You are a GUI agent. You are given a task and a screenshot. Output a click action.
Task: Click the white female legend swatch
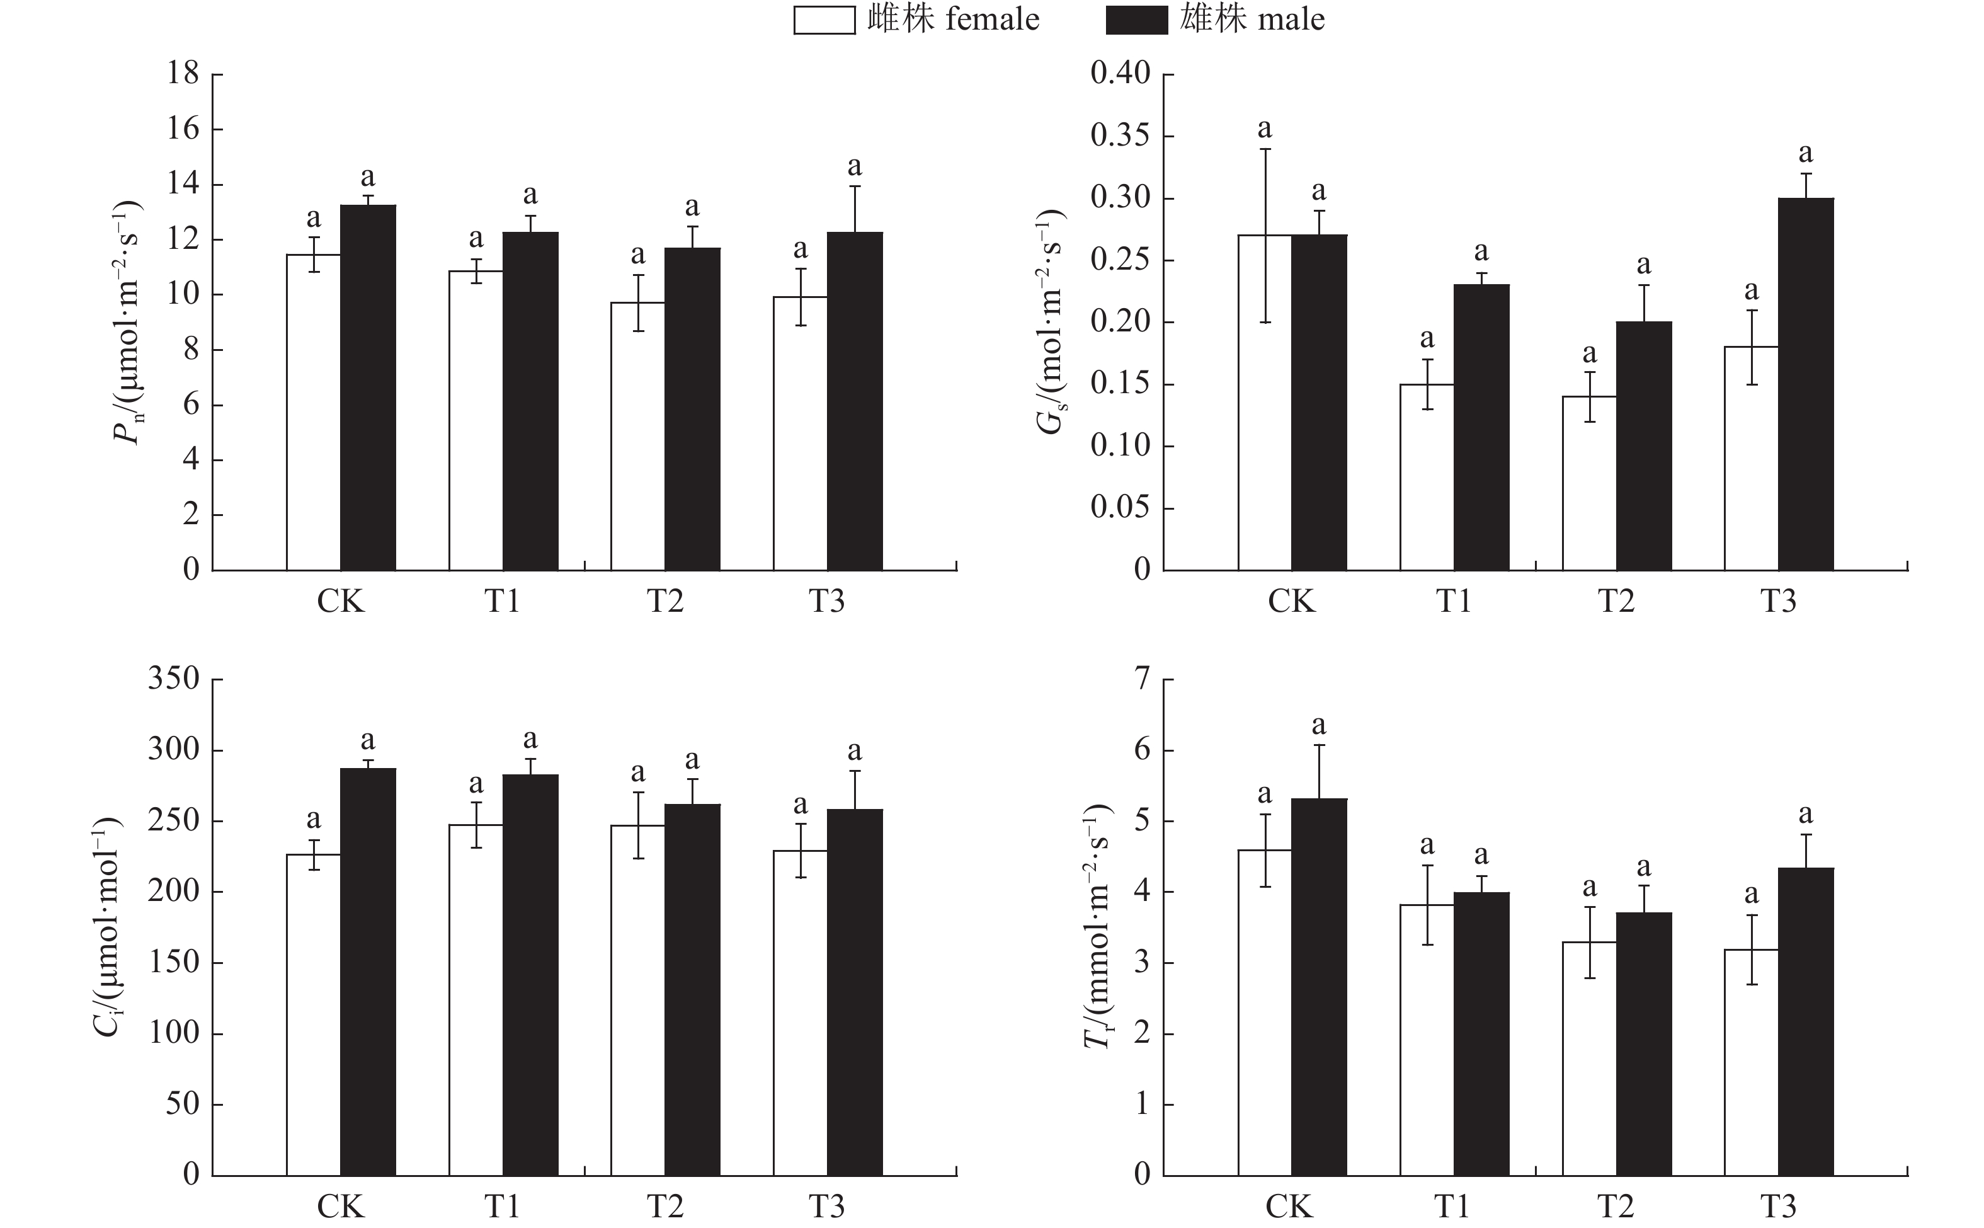824,20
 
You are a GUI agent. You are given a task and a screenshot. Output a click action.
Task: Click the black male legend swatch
1136,20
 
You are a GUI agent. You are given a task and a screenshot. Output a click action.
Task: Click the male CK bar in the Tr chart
1319,987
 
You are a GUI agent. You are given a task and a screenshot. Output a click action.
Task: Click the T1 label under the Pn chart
503,602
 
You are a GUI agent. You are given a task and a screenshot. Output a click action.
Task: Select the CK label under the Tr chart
1290,1207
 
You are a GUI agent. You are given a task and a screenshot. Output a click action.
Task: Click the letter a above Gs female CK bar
1265,129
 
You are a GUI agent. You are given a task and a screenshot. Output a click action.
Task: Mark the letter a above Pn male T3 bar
854,166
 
